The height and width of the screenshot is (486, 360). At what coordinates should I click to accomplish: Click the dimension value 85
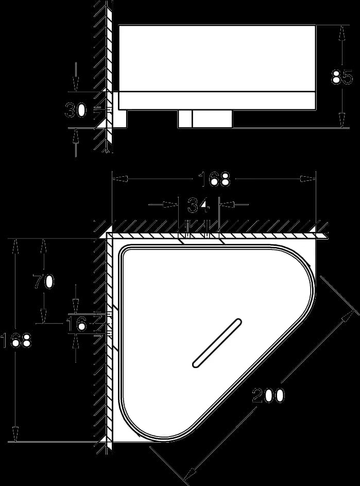click(342, 77)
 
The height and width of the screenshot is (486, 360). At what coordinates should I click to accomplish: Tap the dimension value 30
click(76, 110)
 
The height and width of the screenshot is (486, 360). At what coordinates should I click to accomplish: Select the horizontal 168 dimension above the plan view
click(214, 179)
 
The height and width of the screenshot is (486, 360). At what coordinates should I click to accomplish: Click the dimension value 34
click(199, 205)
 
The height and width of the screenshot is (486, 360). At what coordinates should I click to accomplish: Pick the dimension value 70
click(44, 281)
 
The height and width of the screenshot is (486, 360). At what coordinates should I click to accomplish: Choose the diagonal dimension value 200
click(268, 395)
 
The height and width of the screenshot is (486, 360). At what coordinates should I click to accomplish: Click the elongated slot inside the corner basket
click(217, 343)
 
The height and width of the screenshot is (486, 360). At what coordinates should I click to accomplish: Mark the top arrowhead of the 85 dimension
click(342, 32)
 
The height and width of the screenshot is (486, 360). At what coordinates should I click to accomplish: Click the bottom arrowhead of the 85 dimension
click(342, 120)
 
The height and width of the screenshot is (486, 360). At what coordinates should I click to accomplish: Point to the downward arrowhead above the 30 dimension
click(76, 85)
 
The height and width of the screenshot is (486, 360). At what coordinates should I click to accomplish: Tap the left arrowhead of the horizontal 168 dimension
click(119, 179)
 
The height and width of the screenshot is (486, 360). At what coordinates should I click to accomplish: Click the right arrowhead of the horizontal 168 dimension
click(308, 179)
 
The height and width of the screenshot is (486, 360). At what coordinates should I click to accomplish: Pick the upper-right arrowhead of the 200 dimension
click(349, 315)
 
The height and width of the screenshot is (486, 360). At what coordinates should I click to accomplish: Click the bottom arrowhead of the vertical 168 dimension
click(15, 434)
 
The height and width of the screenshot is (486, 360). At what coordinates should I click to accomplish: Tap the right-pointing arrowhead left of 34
click(171, 205)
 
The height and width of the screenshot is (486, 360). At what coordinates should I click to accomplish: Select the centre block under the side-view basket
click(205, 119)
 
